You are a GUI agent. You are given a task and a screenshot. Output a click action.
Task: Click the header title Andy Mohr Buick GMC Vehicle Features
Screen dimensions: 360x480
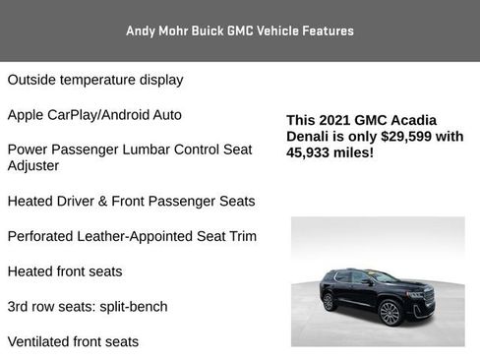240,30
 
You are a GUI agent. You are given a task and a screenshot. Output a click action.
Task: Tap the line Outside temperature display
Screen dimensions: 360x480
95,80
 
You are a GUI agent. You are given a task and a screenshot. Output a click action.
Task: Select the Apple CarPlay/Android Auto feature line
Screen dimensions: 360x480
94,115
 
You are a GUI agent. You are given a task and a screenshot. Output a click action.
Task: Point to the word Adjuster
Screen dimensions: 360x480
33,165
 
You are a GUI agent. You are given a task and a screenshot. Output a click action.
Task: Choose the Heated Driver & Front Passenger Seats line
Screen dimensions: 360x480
131,201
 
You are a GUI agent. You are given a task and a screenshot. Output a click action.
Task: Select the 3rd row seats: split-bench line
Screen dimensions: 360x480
88,306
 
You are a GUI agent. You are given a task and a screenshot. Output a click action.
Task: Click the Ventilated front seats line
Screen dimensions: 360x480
73,341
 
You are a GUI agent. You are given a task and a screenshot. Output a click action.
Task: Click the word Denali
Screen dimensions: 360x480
308,137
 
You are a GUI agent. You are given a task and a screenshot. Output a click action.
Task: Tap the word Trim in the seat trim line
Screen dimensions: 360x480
242,236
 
